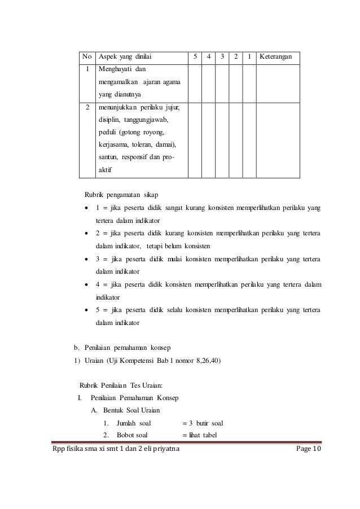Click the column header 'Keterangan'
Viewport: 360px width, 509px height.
point(278,57)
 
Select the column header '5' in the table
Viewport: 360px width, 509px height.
point(195,57)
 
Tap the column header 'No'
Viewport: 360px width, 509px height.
point(87,57)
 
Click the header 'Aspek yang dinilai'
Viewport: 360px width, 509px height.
point(125,57)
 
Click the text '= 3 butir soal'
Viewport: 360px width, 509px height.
point(203,423)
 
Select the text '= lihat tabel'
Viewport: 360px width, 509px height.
point(201,435)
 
